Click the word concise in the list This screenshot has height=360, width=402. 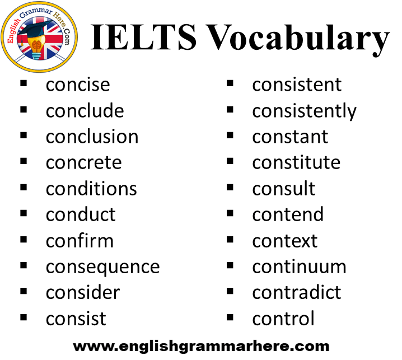tap(78, 85)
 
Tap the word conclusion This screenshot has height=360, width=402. tap(92, 137)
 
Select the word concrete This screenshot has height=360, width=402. tap(84, 163)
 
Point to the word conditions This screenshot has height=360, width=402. tap(91, 189)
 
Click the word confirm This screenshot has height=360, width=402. tap(80, 241)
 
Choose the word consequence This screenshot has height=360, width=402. tap(103, 268)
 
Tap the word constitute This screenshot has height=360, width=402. tap(296, 162)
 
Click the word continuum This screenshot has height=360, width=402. tap(299, 267)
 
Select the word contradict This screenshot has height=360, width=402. tap(297, 292)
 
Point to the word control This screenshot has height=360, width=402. tap(283, 319)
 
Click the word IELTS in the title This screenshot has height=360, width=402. tap(143, 37)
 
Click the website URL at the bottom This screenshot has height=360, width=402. tap(201, 347)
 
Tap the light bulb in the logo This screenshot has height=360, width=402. tap(36, 46)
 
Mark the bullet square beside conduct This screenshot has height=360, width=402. tap(24, 213)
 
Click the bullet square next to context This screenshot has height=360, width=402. tap(230, 239)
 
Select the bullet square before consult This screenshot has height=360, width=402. tap(230, 187)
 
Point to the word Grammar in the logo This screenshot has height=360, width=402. tap(36, 12)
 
